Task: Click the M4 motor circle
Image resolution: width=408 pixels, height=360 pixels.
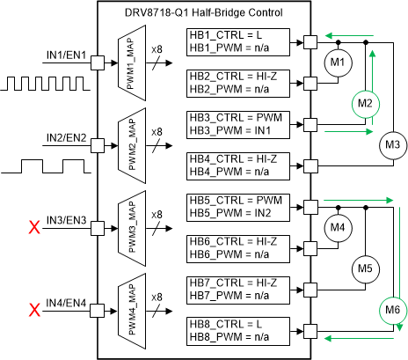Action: (338, 227)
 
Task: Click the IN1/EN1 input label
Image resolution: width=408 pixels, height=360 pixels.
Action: (66, 55)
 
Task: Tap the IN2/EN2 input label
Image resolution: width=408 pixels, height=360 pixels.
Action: (66, 138)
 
